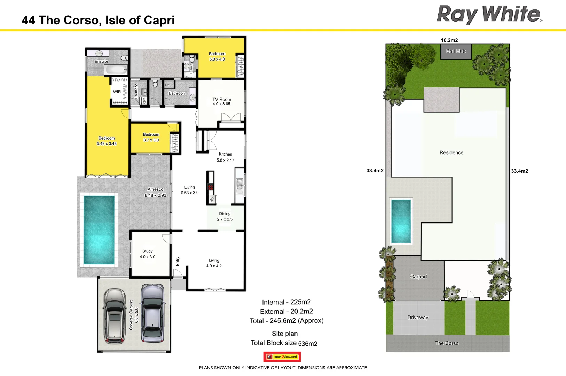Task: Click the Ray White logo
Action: click(489, 15)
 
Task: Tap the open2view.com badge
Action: click(282, 357)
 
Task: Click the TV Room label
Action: click(222, 101)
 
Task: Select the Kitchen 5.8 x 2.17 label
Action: click(225, 157)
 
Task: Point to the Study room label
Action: click(148, 254)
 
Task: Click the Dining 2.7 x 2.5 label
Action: click(225, 217)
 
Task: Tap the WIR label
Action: click(117, 92)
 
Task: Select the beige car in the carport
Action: click(115, 315)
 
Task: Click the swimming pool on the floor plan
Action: click(99, 230)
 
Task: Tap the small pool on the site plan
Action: click(401, 221)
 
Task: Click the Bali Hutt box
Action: click(456, 51)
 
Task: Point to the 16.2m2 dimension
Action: click(449, 40)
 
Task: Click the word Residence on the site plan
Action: click(451, 152)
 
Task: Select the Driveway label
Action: click(418, 318)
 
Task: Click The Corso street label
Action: click(447, 343)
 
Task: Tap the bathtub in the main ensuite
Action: click(117, 70)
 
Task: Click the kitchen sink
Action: click(239, 184)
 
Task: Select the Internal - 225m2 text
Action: click(286, 302)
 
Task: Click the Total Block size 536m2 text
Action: click(284, 343)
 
